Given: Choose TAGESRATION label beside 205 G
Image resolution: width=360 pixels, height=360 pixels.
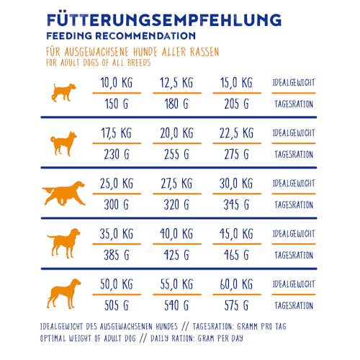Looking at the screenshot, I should point(294,104).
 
